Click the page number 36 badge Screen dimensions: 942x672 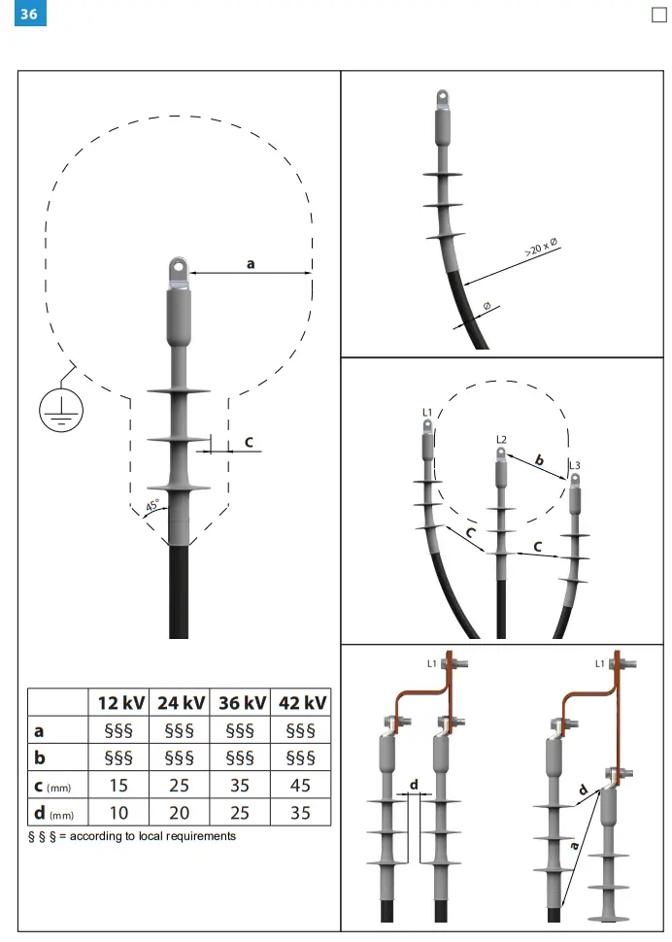point(28,15)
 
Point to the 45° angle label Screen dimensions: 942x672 point(152,507)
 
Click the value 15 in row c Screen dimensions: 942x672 point(119,785)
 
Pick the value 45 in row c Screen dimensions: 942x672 point(301,785)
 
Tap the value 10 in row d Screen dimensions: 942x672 point(119,812)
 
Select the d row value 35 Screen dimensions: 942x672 point(301,812)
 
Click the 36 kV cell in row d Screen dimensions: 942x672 point(240,812)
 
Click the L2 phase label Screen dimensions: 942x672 point(501,440)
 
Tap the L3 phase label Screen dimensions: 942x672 point(575,466)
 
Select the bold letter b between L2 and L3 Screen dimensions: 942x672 point(539,458)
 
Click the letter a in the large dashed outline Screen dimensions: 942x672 point(251,262)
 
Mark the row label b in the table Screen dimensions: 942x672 point(39,757)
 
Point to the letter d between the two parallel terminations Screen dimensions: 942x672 point(414,783)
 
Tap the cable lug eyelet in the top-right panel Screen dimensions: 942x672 point(443,98)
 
